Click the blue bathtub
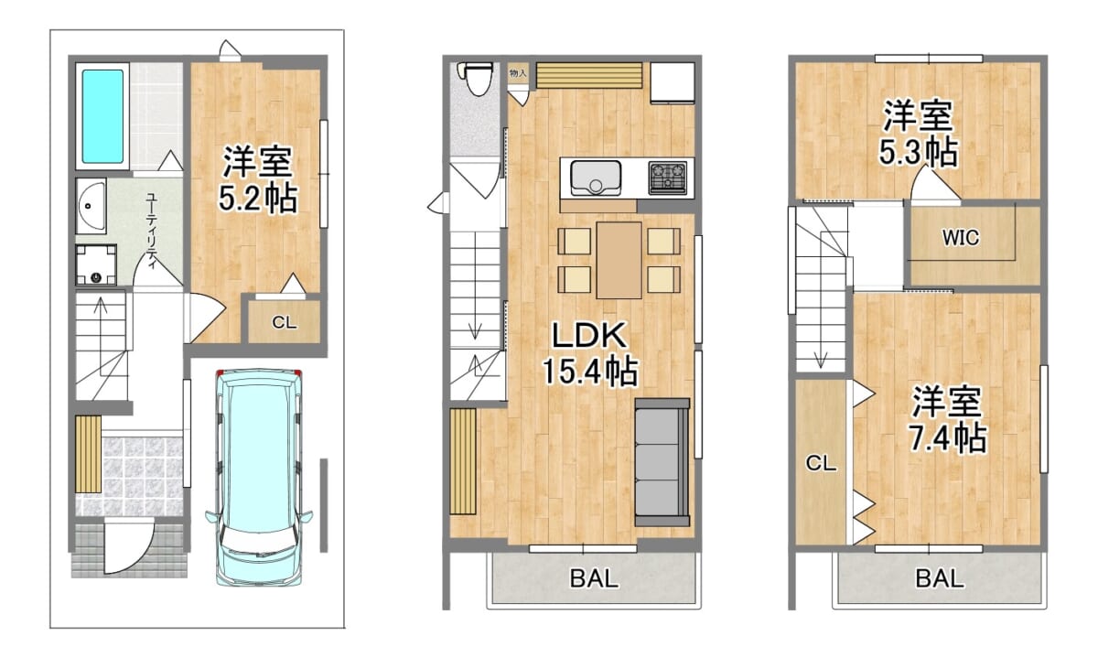coord(102,116)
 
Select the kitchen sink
coord(596,178)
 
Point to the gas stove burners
coord(668,178)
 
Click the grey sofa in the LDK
coord(662,462)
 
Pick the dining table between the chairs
coord(619,260)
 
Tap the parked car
coord(259,477)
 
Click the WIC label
coord(961,238)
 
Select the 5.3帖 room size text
coord(918,152)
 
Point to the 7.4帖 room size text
coord(948,437)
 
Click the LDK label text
coord(589,335)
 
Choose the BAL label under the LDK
coord(594,578)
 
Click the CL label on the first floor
coord(285,323)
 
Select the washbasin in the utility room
coord(91,206)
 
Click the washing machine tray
coord(96,264)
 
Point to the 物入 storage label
coord(518,73)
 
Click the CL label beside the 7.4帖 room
coord(821,463)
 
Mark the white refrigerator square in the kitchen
coord(673,82)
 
